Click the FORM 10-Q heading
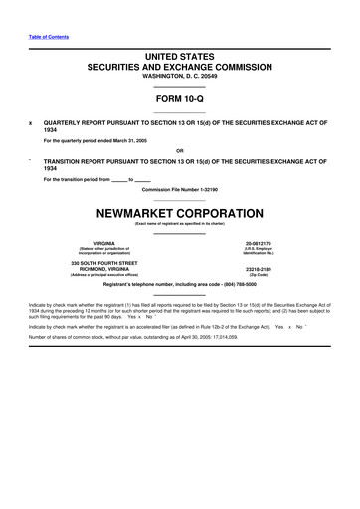(179, 99)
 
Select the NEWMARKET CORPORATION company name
(179, 212)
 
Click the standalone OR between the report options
(179, 151)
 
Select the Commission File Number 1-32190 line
(179, 188)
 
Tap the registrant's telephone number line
(179, 285)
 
